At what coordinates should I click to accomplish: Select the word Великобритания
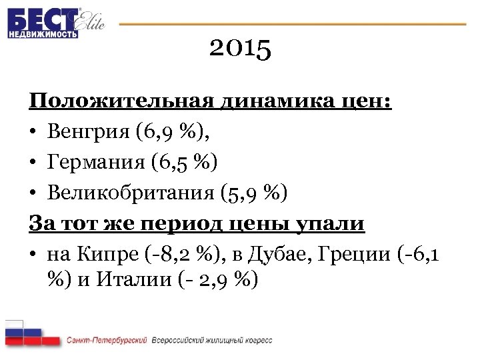point(129,193)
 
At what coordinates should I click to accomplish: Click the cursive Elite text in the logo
point(91,23)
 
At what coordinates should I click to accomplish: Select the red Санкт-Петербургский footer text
point(107,340)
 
